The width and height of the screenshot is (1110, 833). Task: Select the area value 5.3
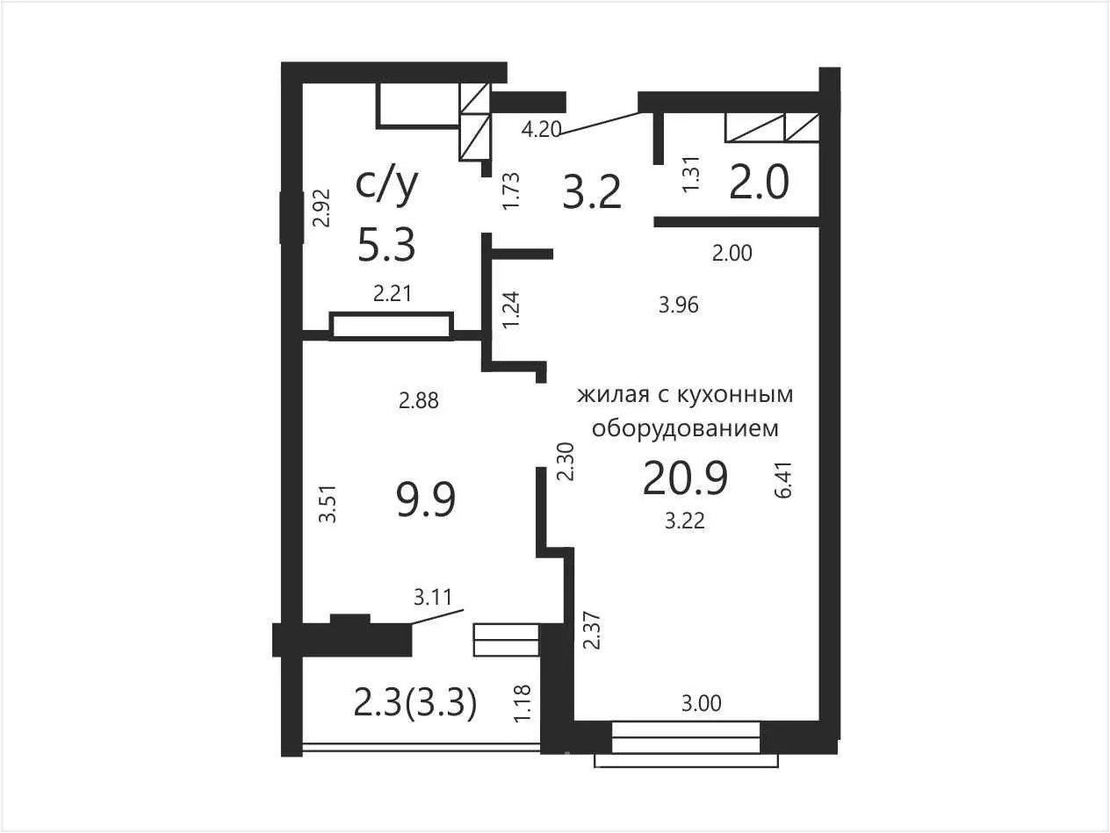pyautogui.click(x=387, y=245)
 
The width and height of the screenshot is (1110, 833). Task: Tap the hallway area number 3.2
pyautogui.click(x=592, y=192)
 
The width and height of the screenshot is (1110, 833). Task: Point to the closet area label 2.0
pyautogui.click(x=759, y=183)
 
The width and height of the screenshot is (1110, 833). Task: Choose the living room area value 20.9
pyautogui.click(x=685, y=478)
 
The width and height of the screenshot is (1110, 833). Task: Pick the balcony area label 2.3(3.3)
pyautogui.click(x=415, y=704)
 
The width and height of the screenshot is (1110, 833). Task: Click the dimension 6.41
pyautogui.click(x=783, y=480)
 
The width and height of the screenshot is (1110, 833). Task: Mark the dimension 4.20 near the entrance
pyautogui.click(x=542, y=130)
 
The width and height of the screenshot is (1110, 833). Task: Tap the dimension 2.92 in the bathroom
pyautogui.click(x=321, y=208)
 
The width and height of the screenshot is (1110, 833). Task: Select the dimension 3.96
pyautogui.click(x=679, y=305)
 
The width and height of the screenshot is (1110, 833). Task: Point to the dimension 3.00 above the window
pyautogui.click(x=702, y=703)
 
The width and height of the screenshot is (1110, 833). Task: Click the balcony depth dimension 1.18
pyautogui.click(x=522, y=703)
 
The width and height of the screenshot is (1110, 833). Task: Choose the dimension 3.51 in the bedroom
pyautogui.click(x=328, y=504)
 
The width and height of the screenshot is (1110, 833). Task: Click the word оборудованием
pyautogui.click(x=685, y=429)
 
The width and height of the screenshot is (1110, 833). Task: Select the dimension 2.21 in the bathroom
pyautogui.click(x=393, y=294)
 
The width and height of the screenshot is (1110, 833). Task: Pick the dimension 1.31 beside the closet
pyautogui.click(x=691, y=174)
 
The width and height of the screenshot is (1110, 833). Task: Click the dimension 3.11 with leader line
pyautogui.click(x=433, y=598)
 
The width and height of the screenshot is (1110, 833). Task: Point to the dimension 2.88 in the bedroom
pyautogui.click(x=419, y=401)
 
